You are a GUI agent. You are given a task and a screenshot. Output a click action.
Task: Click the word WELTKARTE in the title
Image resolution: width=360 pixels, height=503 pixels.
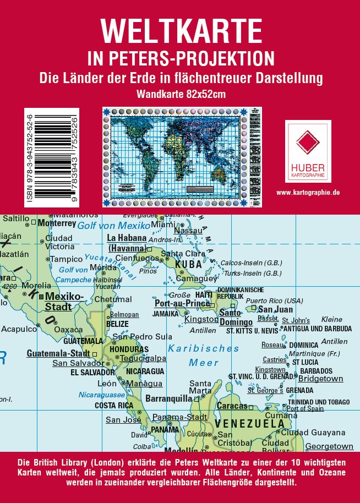coord(181,31)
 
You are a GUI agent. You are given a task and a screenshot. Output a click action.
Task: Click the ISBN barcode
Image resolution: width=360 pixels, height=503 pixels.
coord(52,157)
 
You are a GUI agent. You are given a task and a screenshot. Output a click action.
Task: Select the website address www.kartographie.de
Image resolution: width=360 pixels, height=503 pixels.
coord(308,192)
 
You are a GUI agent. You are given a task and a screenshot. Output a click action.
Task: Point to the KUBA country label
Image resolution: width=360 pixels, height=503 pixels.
coord(189,265)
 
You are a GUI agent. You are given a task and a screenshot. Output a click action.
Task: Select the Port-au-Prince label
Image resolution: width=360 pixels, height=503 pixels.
coord(182,303)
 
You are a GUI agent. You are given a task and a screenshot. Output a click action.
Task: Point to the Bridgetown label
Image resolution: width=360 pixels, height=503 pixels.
coord(320,379)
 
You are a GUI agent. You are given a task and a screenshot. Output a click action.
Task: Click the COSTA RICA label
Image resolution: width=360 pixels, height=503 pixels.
coord(114,406)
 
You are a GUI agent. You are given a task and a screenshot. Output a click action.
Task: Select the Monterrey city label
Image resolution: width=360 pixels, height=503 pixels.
coord(57,223)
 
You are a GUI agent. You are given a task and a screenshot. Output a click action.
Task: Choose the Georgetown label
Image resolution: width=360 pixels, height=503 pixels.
coord(329,446)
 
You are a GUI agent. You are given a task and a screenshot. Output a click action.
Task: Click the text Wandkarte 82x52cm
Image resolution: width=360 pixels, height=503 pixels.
coord(181,94)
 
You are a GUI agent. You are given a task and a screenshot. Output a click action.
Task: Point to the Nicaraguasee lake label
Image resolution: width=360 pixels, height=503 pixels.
coord(102,395)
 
